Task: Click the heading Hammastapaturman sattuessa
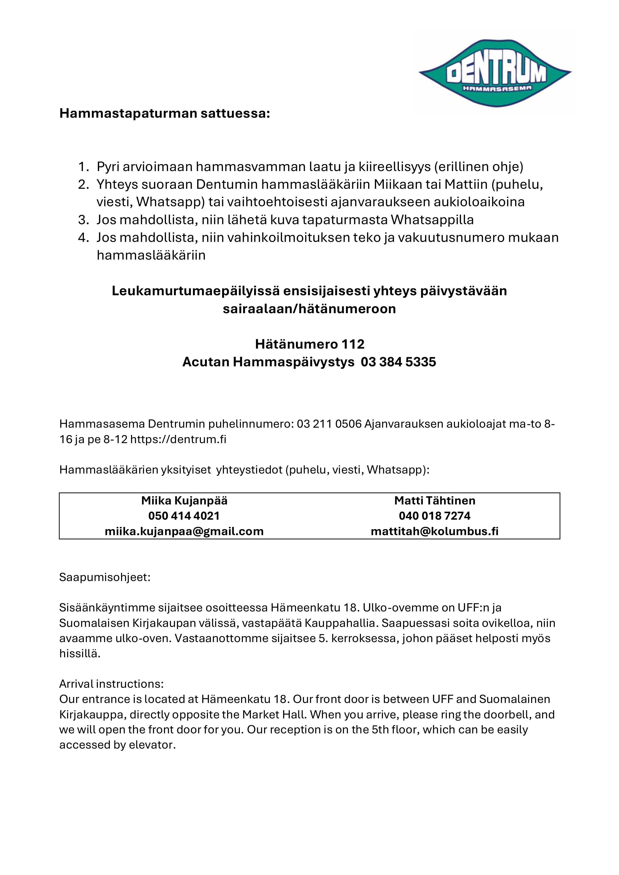pos(164,113)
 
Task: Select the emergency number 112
pos(353,344)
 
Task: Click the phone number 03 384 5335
pos(398,362)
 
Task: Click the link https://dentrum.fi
pos(178,439)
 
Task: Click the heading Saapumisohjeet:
pos(105,577)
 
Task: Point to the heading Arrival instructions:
pos(111,684)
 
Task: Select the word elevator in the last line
pos(152,745)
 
